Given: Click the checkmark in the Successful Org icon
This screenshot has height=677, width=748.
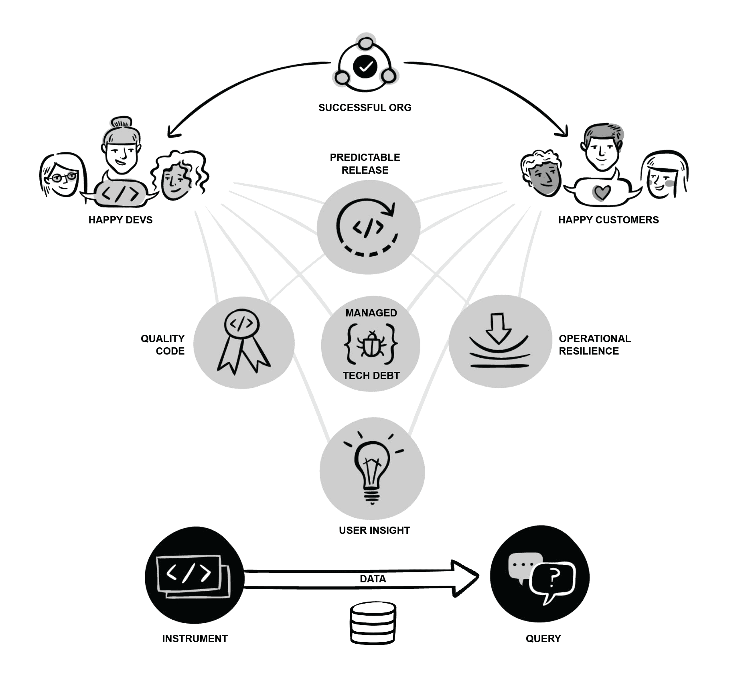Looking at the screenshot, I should (365, 67).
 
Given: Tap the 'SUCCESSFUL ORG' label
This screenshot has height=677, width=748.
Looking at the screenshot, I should (365, 107).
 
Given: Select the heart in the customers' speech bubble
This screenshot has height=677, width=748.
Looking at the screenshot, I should (602, 192).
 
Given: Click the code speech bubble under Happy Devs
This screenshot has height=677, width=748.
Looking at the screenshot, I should (120, 194).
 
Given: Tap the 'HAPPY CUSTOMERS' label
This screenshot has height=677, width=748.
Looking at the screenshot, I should (608, 220).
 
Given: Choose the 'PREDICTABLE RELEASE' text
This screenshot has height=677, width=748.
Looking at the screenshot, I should (365, 164).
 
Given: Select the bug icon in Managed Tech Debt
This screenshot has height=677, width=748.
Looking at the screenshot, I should (371, 344).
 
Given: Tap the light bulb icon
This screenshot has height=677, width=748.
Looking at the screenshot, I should (372, 469).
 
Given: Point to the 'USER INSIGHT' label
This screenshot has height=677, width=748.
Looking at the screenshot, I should (374, 530).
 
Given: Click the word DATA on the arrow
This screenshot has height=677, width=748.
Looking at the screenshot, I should (373, 579).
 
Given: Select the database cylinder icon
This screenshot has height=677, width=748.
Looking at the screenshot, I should (373, 622).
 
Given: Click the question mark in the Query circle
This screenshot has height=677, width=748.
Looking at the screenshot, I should (554, 578).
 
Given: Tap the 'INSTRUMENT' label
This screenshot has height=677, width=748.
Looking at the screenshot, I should (195, 638).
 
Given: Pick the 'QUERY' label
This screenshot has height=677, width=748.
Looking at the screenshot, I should (543, 638).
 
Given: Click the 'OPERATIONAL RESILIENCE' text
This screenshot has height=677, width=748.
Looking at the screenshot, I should (594, 345).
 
